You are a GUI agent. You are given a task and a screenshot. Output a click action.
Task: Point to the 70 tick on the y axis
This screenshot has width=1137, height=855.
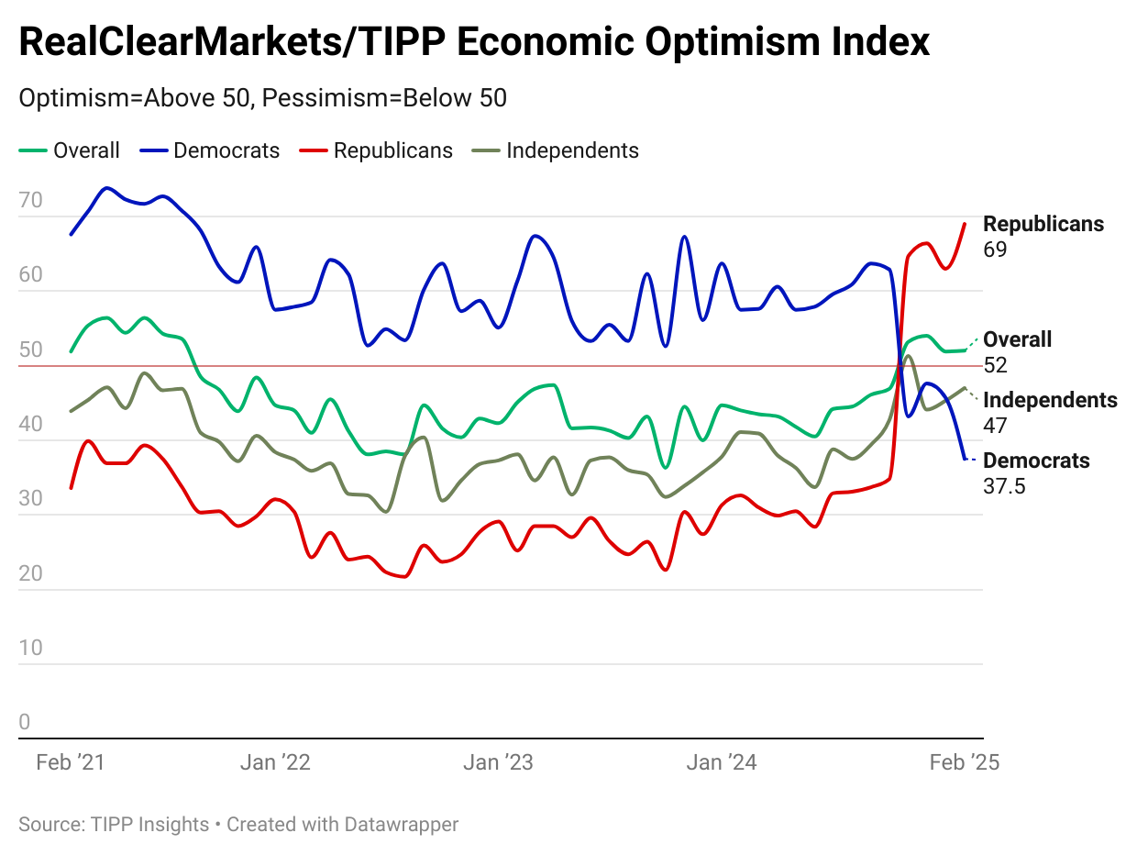point(30,200)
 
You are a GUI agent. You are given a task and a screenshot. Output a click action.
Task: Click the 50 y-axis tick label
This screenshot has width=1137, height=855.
point(30,350)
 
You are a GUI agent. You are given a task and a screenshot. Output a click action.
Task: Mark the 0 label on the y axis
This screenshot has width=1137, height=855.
point(25,722)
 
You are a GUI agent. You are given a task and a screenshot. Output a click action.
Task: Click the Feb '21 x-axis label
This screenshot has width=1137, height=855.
point(71,763)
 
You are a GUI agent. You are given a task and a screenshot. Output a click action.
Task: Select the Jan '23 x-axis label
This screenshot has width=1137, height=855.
point(498,763)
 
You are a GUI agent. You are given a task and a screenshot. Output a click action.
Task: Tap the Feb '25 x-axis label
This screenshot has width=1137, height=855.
point(964,763)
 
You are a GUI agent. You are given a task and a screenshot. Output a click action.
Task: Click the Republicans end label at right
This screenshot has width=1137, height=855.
point(1043,224)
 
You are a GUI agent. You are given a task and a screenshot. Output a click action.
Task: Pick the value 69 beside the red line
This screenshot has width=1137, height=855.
point(995,250)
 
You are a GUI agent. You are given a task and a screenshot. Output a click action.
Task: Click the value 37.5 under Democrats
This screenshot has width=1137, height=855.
point(1004,486)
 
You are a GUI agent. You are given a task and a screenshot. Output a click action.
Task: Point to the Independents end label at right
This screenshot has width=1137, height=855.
point(1050,400)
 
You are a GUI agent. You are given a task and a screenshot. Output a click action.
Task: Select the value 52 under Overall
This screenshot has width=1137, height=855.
point(995,365)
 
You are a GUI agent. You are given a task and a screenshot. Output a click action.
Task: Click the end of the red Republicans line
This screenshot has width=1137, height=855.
point(965,224)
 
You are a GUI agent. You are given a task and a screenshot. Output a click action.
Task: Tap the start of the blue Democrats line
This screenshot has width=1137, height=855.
point(71,235)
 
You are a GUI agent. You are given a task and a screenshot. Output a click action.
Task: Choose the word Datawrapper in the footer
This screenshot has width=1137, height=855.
point(401,825)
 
